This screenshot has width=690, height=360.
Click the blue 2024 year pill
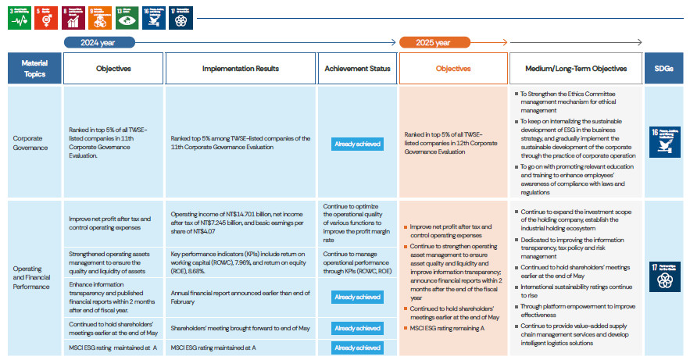(100, 42)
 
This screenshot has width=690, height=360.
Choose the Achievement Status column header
(357, 69)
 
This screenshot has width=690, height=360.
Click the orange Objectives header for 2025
(453, 69)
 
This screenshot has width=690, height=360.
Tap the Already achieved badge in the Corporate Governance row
(357, 144)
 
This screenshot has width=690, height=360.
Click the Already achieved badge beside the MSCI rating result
(357, 347)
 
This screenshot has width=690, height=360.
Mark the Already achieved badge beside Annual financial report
(357, 297)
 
